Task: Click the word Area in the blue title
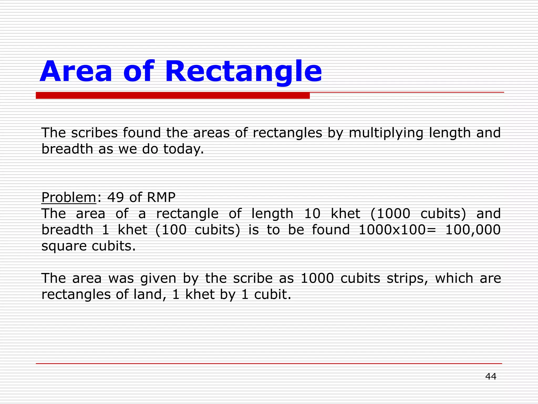76,71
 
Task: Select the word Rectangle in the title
243,72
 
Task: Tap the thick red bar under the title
173,95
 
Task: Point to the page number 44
491,376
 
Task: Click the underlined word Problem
69,197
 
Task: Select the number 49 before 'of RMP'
115,197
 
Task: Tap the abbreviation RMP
161,197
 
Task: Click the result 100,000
473,230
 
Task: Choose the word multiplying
386,133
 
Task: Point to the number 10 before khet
312,214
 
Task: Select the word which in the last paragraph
454,278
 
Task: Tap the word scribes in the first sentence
94,133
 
